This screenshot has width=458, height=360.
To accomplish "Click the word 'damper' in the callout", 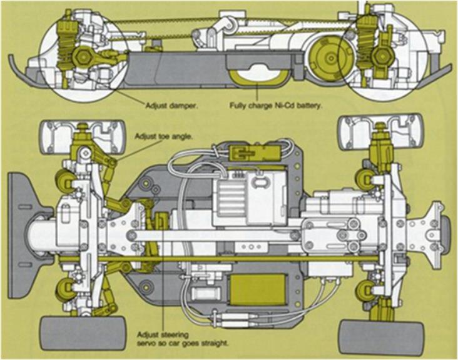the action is (183, 106).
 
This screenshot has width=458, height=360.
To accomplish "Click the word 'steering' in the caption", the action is (174, 334).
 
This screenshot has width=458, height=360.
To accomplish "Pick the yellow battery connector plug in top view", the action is (253, 152).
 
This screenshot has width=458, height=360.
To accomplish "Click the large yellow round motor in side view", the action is (330, 58).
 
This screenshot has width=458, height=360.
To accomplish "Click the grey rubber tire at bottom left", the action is (83, 333).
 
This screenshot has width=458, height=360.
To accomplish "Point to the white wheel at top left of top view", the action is (84, 137).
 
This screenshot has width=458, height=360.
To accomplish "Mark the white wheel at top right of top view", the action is (380, 132).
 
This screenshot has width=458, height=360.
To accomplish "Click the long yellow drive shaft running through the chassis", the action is (218, 259).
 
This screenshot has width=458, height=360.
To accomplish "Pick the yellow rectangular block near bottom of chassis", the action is (258, 288).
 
